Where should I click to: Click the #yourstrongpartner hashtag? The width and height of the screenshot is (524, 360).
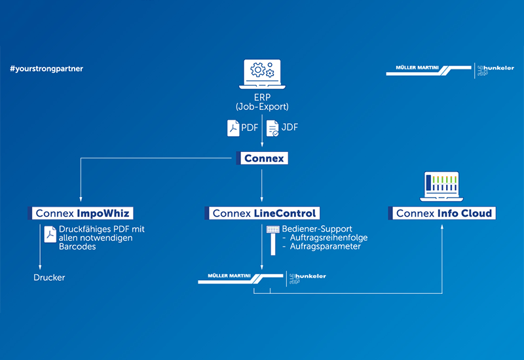(x=47, y=68)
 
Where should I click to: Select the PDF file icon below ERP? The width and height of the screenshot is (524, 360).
(x=233, y=128)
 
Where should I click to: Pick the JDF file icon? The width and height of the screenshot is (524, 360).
(x=272, y=128)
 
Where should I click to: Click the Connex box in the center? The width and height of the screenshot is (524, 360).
(x=261, y=158)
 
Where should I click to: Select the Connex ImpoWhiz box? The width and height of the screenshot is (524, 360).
(x=82, y=213)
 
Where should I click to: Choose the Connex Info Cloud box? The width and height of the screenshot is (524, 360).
(x=443, y=213)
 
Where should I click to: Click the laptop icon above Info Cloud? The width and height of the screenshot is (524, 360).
(x=443, y=185)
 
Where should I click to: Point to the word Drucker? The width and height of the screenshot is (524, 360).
(x=49, y=278)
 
